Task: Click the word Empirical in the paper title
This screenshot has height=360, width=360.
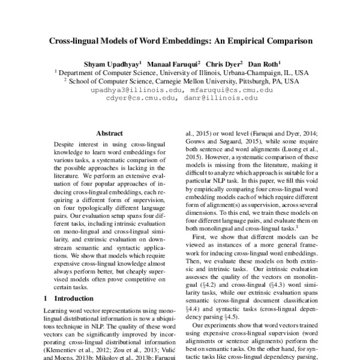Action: tap(240, 43)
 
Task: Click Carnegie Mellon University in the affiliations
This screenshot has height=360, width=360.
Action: tap(197, 80)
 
